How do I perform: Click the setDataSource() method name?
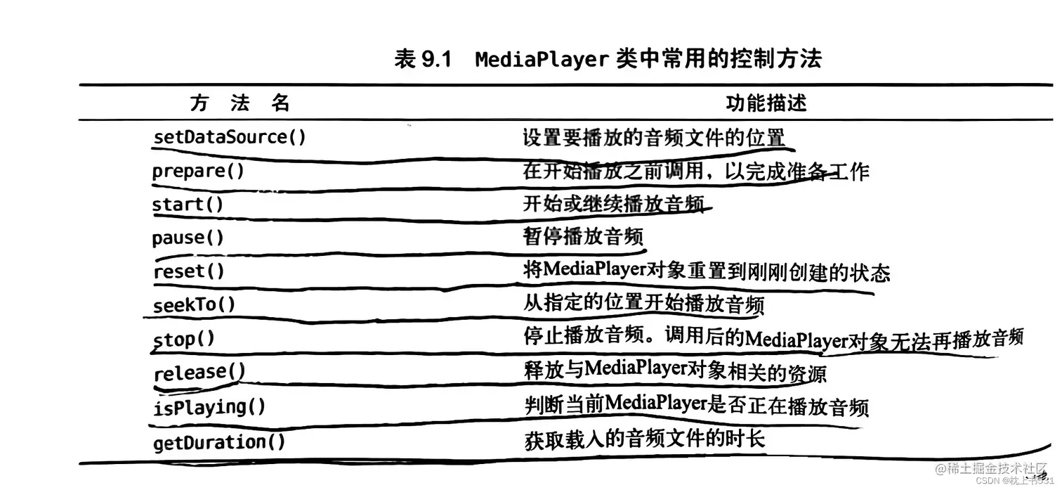230,136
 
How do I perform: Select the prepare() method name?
199,171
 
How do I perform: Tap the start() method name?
188,205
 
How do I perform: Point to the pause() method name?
188,238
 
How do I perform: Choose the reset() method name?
188,271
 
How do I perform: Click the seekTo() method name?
194,305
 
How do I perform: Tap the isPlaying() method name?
209,407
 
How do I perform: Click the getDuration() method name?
219,441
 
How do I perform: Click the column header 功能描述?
766,103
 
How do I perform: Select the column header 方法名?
240,103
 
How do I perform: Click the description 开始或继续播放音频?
613,204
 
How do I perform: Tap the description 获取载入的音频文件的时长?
643,441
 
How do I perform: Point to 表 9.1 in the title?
421,60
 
